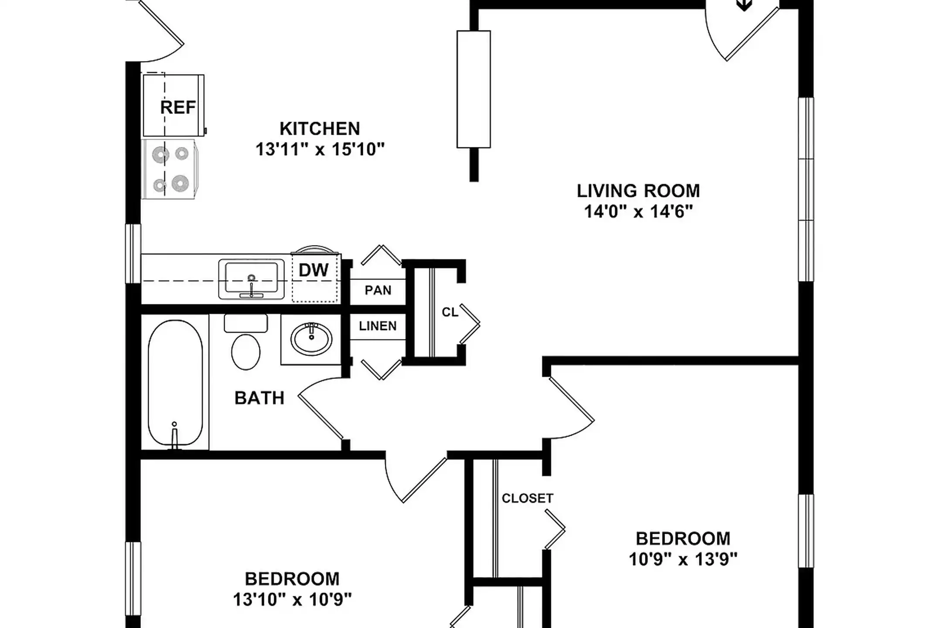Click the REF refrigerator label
click(x=178, y=107)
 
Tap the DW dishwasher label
click(x=313, y=270)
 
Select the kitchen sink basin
click(x=251, y=279)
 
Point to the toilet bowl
click(x=246, y=352)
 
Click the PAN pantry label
click(x=378, y=290)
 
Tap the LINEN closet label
click(x=378, y=326)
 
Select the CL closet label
click(x=450, y=312)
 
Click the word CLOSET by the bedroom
click(x=527, y=498)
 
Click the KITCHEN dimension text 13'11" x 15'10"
click(x=320, y=149)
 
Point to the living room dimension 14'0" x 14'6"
click(x=638, y=212)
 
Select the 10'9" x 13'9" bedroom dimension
click(x=683, y=559)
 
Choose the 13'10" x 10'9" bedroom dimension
click(x=292, y=600)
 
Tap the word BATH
click(x=259, y=398)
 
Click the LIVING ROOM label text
click(x=638, y=191)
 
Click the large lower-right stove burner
click(x=180, y=183)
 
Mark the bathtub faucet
click(x=174, y=436)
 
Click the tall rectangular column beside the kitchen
click(x=473, y=89)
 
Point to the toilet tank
click(x=246, y=323)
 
